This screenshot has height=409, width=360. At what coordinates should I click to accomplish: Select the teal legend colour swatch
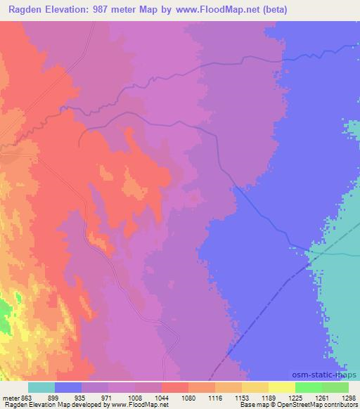(41, 387)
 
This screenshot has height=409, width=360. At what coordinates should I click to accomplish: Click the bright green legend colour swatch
(309, 387)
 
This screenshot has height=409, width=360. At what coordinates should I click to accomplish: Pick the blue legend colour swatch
(68, 387)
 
